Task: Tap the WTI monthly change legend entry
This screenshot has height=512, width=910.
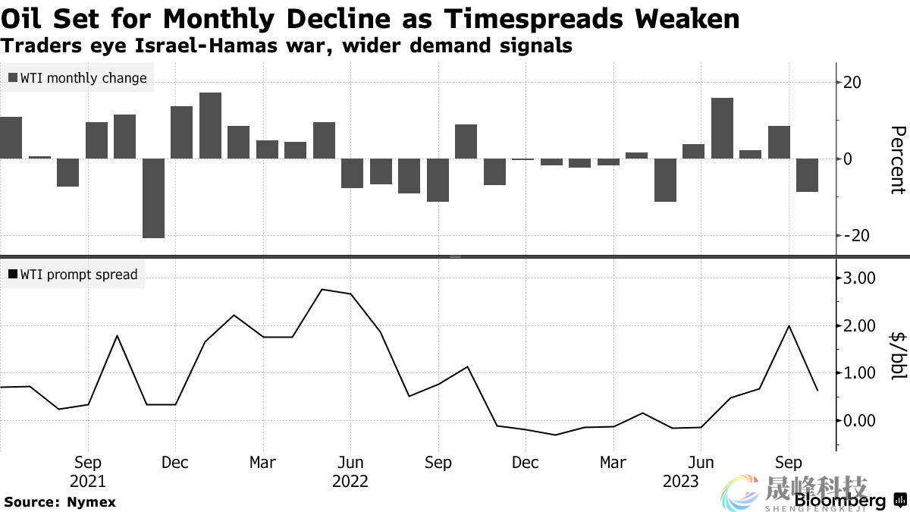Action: tap(77, 77)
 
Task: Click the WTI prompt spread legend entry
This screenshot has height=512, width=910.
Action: tap(73, 275)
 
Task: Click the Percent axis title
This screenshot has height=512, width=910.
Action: tap(897, 159)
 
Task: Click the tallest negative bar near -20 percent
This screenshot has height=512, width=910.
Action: tap(153, 198)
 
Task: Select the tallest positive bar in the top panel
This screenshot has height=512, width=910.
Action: tap(210, 125)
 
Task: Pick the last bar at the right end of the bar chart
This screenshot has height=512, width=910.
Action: tap(807, 175)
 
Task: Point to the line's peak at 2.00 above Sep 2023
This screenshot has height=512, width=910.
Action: tap(789, 325)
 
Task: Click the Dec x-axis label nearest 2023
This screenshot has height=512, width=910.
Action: tap(526, 463)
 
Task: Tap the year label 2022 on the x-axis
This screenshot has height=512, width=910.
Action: tap(350, 482)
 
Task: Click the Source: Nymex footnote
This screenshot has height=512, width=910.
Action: tap(60, 502)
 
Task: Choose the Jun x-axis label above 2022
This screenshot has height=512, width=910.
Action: tap(350, 463)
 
